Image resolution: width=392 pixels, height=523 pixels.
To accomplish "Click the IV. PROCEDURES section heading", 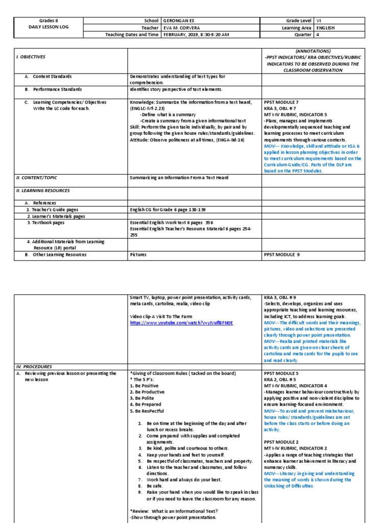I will (34, 366).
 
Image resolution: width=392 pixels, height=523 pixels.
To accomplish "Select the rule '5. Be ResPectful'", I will (150, 410).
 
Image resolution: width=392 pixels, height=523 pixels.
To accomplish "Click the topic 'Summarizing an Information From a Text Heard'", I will (179, 178).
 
